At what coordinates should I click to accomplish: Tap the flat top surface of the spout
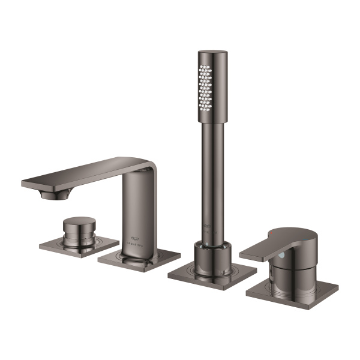point(84,170)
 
